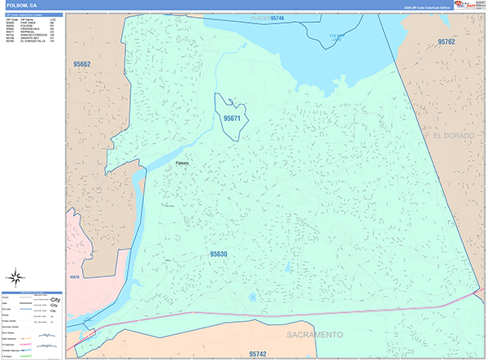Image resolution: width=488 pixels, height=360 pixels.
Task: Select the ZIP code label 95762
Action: tap(450, 41)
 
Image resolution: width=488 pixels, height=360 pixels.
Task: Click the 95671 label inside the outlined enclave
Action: tap(233, 119)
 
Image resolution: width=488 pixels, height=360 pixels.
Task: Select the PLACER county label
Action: tap(259, 17)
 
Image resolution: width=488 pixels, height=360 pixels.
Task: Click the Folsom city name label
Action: tap(181, 163)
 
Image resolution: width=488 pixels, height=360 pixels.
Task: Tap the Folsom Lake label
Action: tap(337, 37)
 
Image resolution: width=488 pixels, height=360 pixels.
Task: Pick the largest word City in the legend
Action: tap(55, 299)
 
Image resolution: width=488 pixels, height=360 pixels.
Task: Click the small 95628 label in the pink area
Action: tap(76, 279)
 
